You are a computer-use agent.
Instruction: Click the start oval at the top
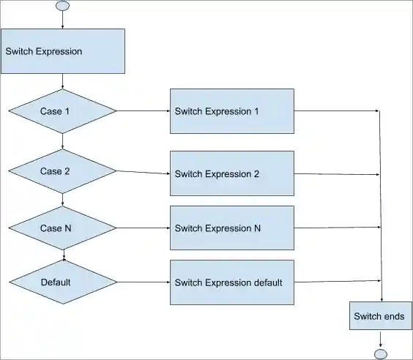[x=62, y=6]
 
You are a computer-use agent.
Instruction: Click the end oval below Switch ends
[x=380, y=354]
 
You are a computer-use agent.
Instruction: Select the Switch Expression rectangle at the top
[x=63, y=51]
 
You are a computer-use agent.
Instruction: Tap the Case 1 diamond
[x=62, y=111]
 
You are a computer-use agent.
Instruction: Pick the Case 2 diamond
[x=62, y=171]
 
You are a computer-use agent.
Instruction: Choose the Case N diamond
[x=62, y=228]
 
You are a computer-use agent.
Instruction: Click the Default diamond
[x=62, y=282]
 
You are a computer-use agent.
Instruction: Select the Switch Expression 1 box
[x=232, y=111]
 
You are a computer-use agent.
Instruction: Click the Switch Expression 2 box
[x=232, y=173]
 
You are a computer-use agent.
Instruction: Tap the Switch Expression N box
[x=232, y=228]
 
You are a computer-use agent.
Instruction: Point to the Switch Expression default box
[x=232, y=282]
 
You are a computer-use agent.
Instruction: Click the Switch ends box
[x=379, y=317]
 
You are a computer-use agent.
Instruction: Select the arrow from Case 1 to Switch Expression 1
[x=144, y=111]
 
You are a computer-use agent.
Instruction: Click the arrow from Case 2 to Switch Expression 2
[x=144, y=173]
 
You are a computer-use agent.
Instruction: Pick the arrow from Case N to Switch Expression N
[x=144, y=228]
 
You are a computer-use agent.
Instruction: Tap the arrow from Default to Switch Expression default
[x=144, y=282]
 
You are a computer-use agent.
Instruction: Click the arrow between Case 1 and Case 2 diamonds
[x=62, y=142]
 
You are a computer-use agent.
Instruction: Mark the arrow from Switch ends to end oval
[x=380, y=339]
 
